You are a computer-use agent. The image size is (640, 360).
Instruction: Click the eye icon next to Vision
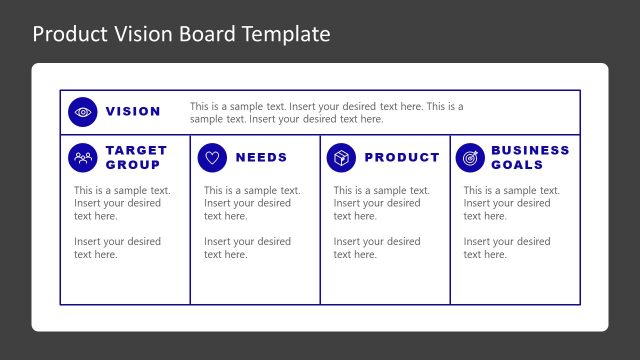[x=83, y=112]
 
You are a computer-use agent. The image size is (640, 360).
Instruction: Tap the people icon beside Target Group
[x=83, y=157]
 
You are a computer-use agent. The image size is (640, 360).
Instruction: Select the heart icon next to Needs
[x=212, y=157]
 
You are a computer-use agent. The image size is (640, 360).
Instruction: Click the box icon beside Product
[x=341, y=157]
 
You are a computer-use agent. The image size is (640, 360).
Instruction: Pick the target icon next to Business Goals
[x=470, y=157]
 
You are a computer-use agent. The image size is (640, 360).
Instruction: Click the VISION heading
[x=133, y=112]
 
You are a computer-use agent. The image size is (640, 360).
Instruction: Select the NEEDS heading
[x=261, y=157]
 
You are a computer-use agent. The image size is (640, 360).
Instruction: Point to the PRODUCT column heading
[x=402, y=157]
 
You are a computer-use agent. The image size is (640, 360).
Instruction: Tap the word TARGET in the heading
[x=136, y=150]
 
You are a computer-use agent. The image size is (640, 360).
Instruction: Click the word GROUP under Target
[x=132, y=164]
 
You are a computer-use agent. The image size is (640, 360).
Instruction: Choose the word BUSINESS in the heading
[x=530, y=150]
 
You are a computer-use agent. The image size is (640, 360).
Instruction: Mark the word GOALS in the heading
[x=517, y=164]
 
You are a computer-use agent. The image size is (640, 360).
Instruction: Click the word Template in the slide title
[x=286, y=34]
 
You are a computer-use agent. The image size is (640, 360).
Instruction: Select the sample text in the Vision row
[x=326, y=112]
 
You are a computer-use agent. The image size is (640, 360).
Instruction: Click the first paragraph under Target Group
[x=122, y=203]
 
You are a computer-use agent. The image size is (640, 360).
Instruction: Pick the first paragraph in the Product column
[x=381, y=203]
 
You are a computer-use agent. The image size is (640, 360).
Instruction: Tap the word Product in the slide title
[x=68, y=34]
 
